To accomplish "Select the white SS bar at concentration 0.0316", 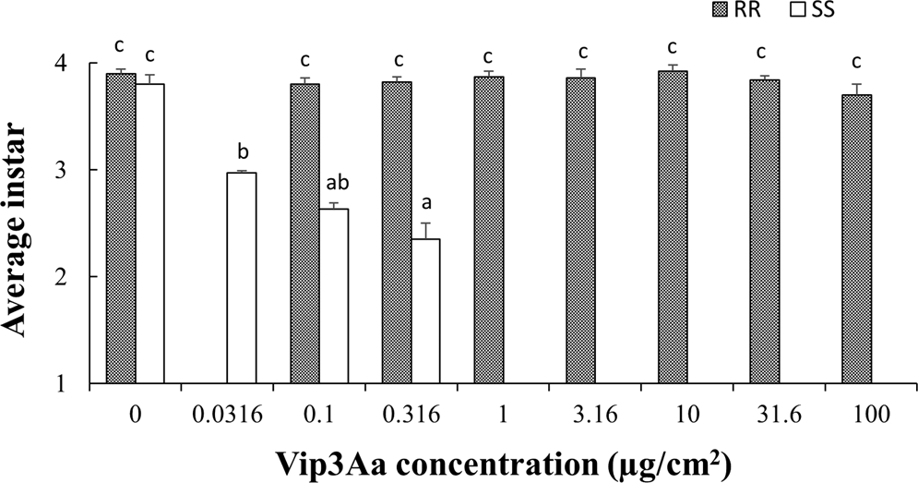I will click(242, 277).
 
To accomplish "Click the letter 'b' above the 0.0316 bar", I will click(242, 151).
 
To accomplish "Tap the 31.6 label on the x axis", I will click(765, 415).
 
